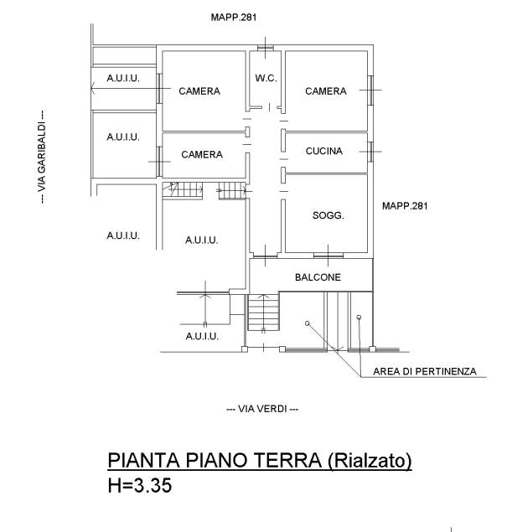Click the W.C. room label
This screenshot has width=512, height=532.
(266, 79)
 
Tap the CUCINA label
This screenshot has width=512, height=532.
(324, 151)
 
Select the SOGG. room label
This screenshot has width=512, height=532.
(328, 215)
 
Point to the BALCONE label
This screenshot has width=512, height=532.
(318, 277)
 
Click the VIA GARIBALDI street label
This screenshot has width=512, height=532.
(42, 157)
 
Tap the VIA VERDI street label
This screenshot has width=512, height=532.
(262, 409)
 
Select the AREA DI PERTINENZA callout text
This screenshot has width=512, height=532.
(425, 371)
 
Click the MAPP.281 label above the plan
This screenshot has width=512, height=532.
(234, 18)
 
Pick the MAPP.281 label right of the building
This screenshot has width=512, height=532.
(405, 206)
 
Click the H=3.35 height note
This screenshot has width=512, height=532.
(140, 485)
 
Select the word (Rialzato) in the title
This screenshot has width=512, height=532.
(370, 461)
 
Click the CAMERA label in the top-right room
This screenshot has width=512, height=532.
(326, 91)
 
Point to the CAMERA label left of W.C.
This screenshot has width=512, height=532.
(199, 91)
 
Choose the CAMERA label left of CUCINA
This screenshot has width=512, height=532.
(202, 154)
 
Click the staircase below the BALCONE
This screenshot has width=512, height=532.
(264, 312)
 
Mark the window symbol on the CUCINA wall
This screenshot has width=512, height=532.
(370, 152)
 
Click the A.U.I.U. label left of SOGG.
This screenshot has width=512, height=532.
(202, 240)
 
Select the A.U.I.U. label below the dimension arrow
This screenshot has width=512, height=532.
(202, 336)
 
